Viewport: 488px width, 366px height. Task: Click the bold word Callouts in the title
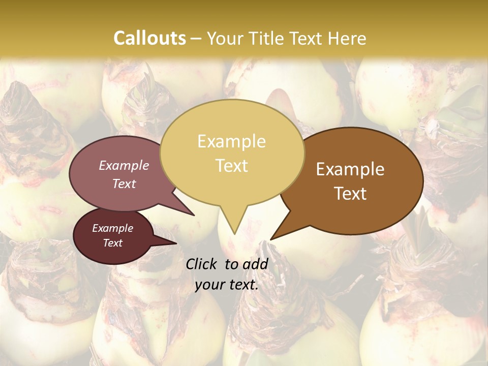pos(149,38)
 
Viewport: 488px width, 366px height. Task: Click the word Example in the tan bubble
pos(231,141)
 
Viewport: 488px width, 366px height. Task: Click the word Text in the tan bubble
pos(231,166)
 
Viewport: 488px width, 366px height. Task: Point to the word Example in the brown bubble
pos(350,169)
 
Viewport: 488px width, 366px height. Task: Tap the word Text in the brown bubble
pos(350,194)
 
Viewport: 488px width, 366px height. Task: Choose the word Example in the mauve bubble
pos(124,165)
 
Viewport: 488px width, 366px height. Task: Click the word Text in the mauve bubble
pos(124,184)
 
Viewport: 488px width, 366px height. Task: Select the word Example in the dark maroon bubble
pos(112,228)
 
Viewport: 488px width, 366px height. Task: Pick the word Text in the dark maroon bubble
pos(112,243)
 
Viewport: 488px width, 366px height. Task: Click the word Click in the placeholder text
pos(201,264)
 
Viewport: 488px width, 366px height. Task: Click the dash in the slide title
pos(196,39)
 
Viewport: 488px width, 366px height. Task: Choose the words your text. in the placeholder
pos(226,285)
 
